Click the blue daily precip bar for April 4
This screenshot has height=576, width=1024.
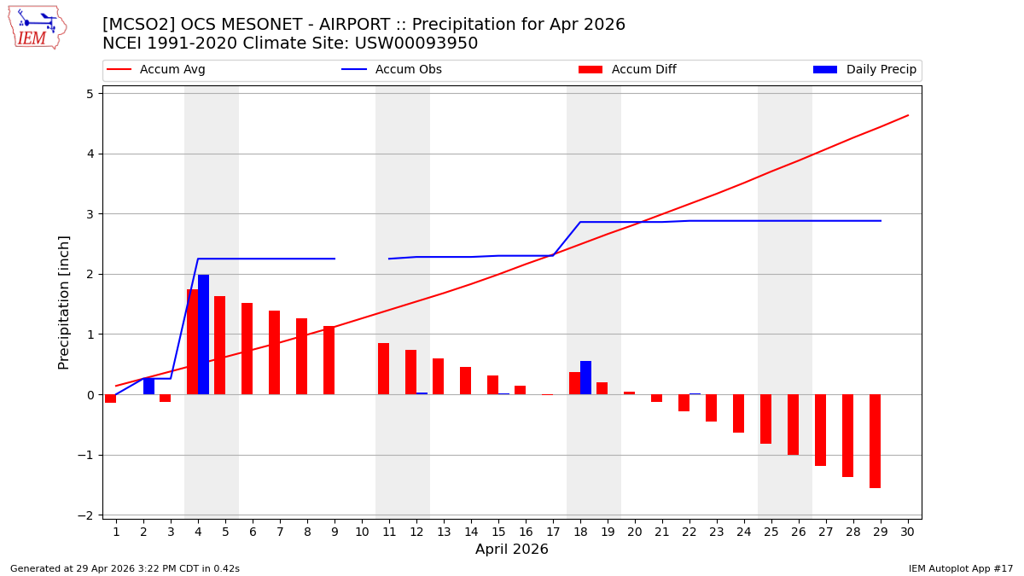pos(203,335)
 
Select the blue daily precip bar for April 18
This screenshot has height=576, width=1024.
pos(585,377)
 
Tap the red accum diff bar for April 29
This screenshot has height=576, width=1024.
pos(875,441)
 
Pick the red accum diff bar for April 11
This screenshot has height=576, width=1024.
pos(383,369)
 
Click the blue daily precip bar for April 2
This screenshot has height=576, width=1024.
pos(148,386)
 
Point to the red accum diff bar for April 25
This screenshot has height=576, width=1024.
pos(765,419)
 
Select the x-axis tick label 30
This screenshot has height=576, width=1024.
pos(907,532)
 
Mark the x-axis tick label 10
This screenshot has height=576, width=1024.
pos(362,532)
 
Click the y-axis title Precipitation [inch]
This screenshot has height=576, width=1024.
pos(65,302)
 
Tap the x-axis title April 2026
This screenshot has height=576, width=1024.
pos(512,550)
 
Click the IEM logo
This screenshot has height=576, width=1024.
pos(37,27)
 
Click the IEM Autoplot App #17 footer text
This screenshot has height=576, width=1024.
pos(961,568)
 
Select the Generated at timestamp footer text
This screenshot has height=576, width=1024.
pos(125,568)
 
